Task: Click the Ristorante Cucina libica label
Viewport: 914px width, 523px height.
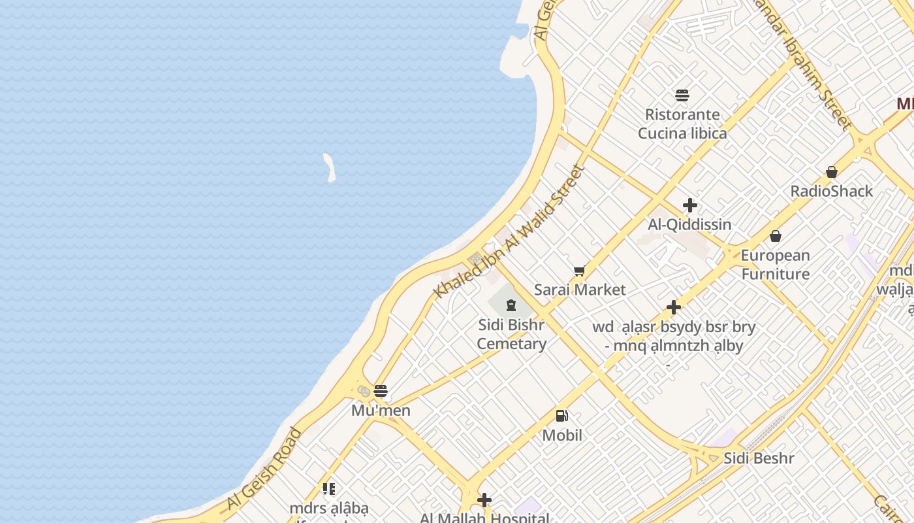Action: [x=682, y=124]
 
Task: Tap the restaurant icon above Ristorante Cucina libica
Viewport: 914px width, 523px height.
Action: [x=682, y=95]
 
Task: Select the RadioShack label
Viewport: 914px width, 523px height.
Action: [x=831, y=191]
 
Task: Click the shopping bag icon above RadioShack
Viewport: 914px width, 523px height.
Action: [x=831, y=172]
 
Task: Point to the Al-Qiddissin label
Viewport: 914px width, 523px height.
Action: [x=689, y=224]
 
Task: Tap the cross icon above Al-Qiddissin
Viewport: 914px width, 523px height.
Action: [x=689, y=205]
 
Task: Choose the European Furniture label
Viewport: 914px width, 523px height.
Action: [x=775, y=264]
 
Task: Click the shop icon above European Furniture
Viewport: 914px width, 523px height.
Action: [x=775, y=236]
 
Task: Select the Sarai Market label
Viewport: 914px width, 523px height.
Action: [x=580, y=290]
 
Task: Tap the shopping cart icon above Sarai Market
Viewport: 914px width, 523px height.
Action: [x=579, y=271]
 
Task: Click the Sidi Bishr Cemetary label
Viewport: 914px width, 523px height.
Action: [x=511, y=334]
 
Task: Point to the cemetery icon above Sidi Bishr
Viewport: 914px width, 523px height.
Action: [x=511, y=305]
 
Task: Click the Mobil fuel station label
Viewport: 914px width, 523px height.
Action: [x=561, y=435]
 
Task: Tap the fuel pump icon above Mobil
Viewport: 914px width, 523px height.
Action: [x=561, y=415]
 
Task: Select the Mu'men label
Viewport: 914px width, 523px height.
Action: [x=381, y=410]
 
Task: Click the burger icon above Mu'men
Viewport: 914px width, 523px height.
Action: [x=381, y=391]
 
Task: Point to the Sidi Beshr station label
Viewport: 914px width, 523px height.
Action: [x=759, y=458]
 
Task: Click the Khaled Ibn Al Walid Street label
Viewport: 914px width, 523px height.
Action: [x=509, y=232]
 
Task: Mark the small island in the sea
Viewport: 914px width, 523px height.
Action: [x=330, y=167]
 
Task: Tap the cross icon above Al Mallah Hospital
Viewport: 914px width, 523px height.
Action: [x=484, y=500]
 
